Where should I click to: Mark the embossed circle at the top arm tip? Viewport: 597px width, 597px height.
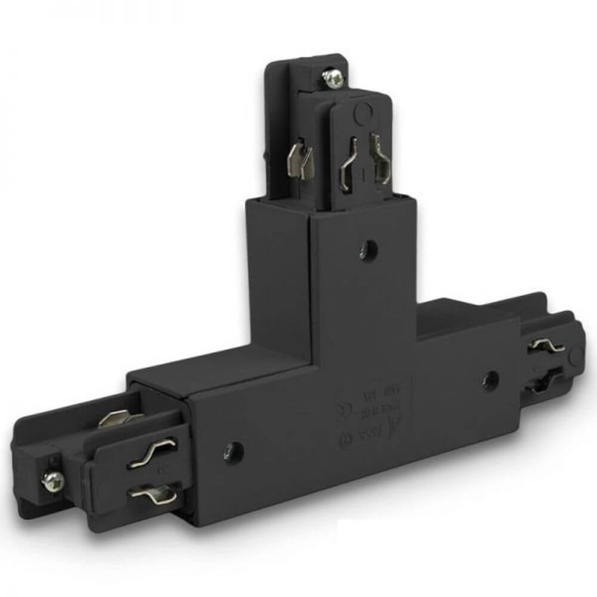[361, 110]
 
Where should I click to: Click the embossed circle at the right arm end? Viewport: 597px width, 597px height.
[576, 356]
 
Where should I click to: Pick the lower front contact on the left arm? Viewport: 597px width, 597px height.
[152, 494]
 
